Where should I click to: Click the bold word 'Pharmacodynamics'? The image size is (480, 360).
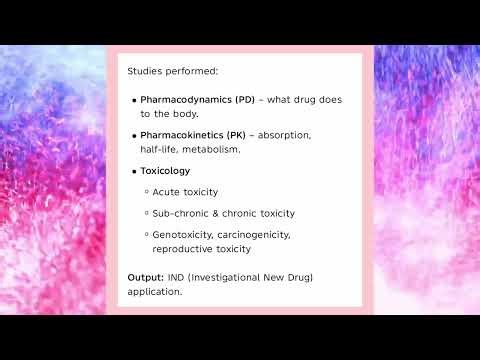pyautogui.click(x=186, y=101)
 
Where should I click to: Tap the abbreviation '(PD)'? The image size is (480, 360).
pyautogui.click(x=246, y=101)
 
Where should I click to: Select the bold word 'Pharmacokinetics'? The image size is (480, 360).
pyautogui.click(x=183, y=134)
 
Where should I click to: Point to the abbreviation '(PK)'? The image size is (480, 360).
pyautogui.click(x=237, y=134)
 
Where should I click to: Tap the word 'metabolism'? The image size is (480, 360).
pyautogui.click(x=212, y=149)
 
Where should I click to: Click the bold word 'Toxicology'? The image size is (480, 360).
pyautogui.click(x=165, y=171)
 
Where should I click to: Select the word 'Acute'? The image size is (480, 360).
pyautogui.click(x=166, y=192)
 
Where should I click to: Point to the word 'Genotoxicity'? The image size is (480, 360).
pyautogui.click(x=183, y=234)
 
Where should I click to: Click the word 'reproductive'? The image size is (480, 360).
pyautogui.click(x=182, y=249)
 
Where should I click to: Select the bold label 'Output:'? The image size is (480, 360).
pyautogui.click(x=144, y=277)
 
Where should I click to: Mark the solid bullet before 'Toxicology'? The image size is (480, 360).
pyautogui.click(x=134, y=172)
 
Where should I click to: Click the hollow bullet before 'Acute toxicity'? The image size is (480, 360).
pyautogui.click(x=146, y=192)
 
